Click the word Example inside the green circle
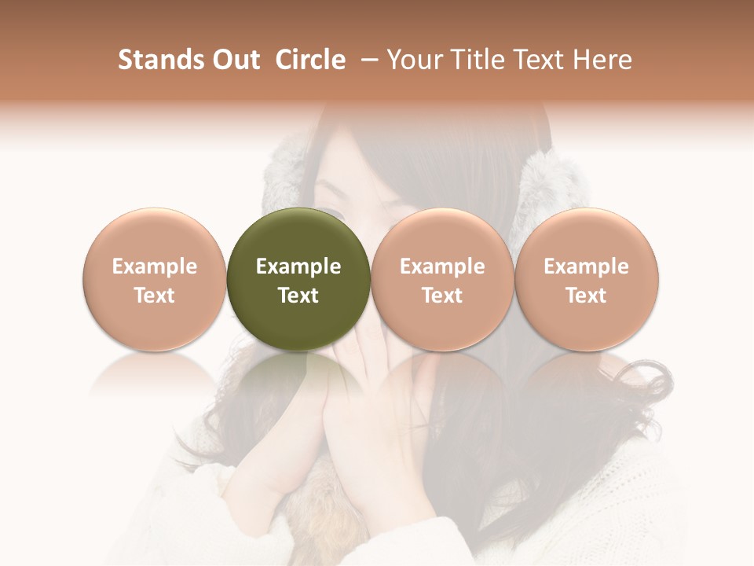coord(298,266)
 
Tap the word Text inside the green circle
coord(298,296)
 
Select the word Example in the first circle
coord(155,266)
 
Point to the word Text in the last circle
coord(586,296)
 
